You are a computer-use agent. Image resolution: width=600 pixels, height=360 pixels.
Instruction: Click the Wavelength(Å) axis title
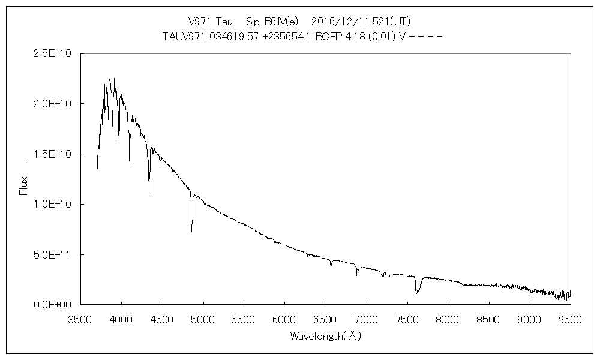325,336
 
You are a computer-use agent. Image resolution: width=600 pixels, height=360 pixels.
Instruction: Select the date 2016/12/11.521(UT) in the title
361,21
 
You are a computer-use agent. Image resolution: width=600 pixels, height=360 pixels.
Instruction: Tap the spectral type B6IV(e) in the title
274,21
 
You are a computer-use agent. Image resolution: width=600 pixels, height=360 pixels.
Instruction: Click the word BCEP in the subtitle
335,36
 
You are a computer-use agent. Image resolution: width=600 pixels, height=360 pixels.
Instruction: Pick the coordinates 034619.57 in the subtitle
226,36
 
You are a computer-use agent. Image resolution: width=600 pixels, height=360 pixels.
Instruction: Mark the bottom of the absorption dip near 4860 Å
192,231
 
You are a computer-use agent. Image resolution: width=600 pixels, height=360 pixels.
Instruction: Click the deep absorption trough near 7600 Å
416,293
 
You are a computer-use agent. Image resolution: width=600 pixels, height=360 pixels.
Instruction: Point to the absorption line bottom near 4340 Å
149,194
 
